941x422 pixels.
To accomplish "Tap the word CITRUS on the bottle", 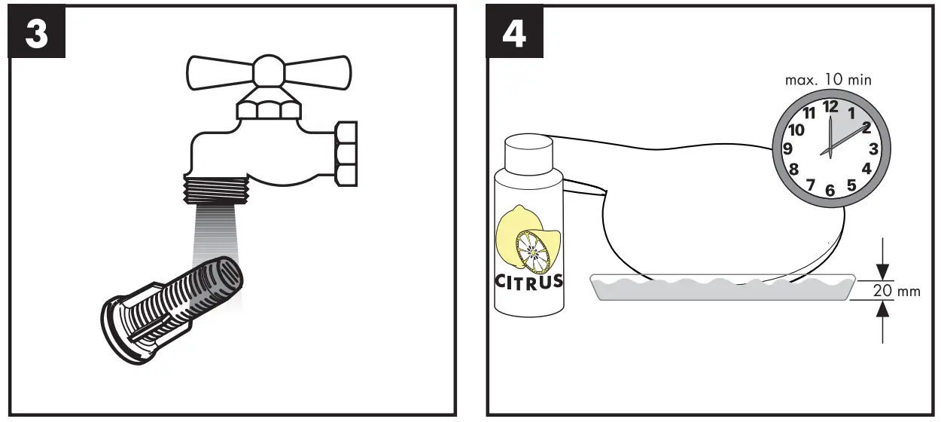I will point(529,282).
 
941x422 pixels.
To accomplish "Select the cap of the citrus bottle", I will point(528,151).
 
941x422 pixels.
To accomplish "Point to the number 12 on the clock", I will point(830,107).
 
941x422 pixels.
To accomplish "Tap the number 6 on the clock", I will point(830,190).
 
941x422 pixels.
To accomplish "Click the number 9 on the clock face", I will point(788,148).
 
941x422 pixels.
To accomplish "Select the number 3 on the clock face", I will point(873,148).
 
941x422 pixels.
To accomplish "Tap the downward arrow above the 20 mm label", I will point(883,270).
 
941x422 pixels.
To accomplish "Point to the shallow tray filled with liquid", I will point(722,287).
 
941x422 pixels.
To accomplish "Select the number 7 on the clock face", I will point(810,185).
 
